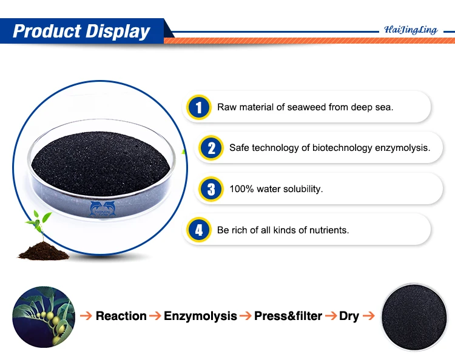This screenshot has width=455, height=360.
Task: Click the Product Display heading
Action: [81, 31]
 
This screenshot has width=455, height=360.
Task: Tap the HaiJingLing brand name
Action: [411, 30]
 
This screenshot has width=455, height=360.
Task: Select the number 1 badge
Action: [198, 107]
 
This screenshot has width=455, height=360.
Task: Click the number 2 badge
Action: [211, 148]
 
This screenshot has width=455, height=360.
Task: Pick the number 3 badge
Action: [211, 188]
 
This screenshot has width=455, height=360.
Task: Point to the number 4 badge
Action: [198, 230]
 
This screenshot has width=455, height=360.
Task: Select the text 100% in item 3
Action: [240, 189]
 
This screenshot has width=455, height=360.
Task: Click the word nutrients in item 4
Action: [329, 230]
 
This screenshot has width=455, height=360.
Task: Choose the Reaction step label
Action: [121, 316]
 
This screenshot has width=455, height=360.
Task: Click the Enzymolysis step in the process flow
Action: [201, 316]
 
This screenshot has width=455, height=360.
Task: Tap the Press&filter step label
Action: [288, 316]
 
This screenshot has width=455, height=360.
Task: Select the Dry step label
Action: [349, 316]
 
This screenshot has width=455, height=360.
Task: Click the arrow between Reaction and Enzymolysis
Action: [155, 316]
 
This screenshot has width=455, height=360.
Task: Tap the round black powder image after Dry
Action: [415, 316]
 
